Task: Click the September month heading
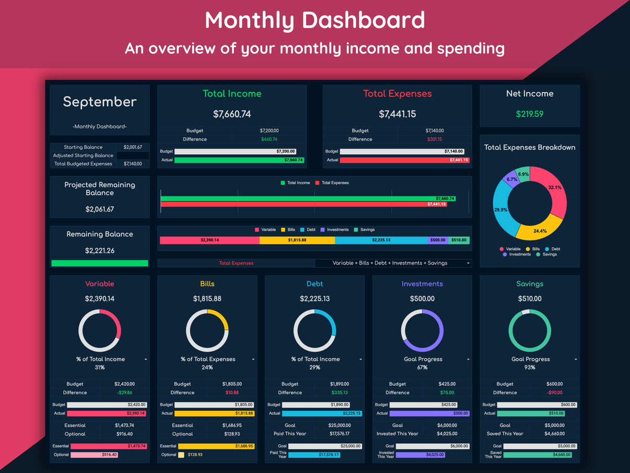click(x=100, y=102)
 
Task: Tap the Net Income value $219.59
click(x=530, y=114)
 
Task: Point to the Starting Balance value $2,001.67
click(x=133, y=147)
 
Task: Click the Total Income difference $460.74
click(x=269, y=140)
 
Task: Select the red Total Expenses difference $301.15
click(x=434, y=140)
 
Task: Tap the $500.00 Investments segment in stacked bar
click(x=438, y=240)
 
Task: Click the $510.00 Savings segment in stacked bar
click(x=459, y=240)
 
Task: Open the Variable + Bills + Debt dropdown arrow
click(x=468, y=263)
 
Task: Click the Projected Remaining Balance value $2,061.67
click(x=100, y=209)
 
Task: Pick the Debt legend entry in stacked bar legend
click(x=308, y=230)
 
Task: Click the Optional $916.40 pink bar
click(x=94, y=455)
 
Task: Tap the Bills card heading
click(x=207, y=284)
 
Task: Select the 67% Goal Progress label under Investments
click(x=422, y=367)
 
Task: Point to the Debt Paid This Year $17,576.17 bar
click(x=314, y=455)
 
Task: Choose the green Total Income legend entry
click(x=295, y=183)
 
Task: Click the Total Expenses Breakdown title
click(x=530, y=147)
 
